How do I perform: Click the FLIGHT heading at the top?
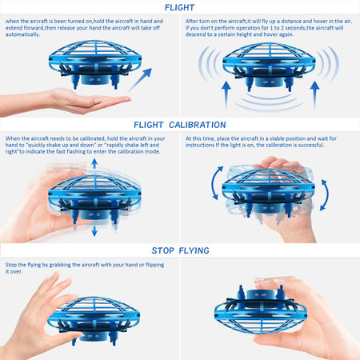point(179,7)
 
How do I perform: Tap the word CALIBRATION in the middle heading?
point(202,124)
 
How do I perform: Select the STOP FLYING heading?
point(179,250)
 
